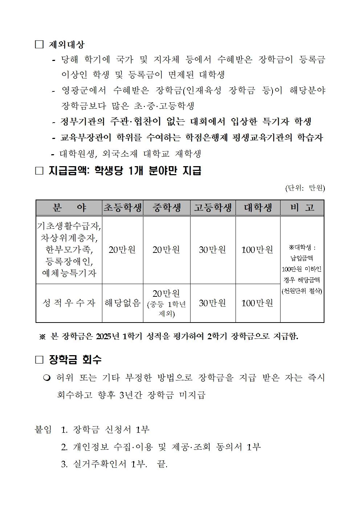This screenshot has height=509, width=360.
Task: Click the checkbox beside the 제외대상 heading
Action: pyautogui.click(x=39, y=45)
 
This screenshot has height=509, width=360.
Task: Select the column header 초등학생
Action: pyautogui.click(x=122, y=208)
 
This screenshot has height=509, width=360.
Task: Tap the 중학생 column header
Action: pyautogui.click(x=167, y=208)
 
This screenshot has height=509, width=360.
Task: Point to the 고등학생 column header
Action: pyautogui.click(x=213, y=208)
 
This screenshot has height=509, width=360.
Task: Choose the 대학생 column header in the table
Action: pyautogui.click(x=258, y=208)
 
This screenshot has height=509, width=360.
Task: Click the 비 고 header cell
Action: pyautogui.click(x=302, y=208)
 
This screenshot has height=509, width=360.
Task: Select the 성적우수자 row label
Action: pyautogui.click(x=69, y=303)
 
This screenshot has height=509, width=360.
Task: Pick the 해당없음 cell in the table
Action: pyautogui.click(x=122, y=303)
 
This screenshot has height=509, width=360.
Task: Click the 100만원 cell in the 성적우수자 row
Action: pyautogui.click(x=257, y=303)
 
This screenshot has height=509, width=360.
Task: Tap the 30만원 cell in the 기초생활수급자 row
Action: pyautogui.click(x=213, y=250)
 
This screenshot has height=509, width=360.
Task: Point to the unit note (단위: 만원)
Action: pyautogui.click(x=305, y=188)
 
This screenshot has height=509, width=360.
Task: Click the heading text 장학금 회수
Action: pyautogui.click(x=75, y=360)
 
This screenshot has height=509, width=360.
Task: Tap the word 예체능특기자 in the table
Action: pyautogui.click(x=69, y=273)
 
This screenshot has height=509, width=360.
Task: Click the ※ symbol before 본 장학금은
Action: pyautogui.click(x=42, y=337)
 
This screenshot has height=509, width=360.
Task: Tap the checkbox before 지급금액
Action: pyautogui.click(x=39, y=171)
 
